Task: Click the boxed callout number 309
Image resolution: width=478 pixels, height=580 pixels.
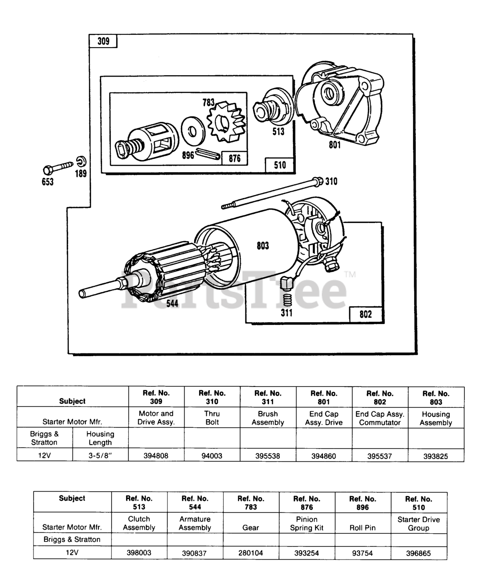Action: point(103,41)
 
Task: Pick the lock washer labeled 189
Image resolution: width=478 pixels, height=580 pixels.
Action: point(81,161)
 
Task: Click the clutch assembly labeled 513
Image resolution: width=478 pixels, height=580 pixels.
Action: point(271,109)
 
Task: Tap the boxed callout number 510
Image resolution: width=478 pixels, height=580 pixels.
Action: point(280,165)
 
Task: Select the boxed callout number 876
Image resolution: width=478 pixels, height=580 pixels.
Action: point(234,159)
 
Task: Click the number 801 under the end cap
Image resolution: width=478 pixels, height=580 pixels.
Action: point(335,145)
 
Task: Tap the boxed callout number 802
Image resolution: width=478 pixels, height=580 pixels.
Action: point(366,314)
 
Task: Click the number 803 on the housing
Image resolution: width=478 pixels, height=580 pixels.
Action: point(263,246)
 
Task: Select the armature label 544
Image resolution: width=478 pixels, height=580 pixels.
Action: point(172,304)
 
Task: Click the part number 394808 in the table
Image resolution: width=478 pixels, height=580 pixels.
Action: point(156,455)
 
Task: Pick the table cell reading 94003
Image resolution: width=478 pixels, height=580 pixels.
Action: point(212,455)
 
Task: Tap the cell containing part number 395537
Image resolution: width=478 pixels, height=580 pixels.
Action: point(380,455)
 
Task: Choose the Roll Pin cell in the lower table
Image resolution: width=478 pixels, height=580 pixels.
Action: point(363,527)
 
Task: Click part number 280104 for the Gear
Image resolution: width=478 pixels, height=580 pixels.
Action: point(251,553)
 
